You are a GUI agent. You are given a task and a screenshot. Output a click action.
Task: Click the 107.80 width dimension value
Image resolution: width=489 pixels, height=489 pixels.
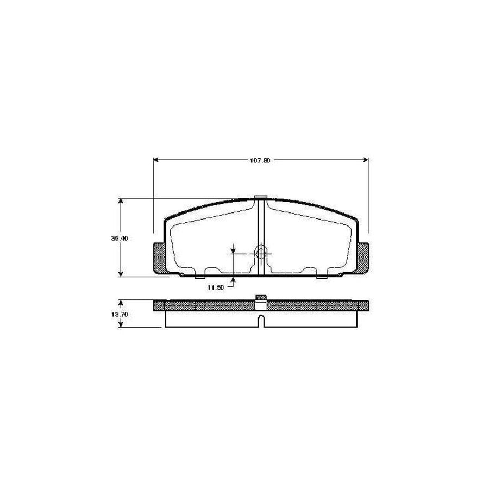pos(260,160)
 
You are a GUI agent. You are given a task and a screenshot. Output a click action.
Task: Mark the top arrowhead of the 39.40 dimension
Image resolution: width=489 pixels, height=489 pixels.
pos(121,201)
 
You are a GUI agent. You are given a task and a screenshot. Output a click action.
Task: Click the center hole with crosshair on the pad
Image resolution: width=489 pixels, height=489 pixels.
pos(261,252)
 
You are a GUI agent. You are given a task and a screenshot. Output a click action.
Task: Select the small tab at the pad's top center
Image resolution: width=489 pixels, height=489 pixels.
pos(261,197)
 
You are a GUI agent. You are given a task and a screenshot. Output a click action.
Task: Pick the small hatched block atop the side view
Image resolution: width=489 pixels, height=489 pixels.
pos(261,297)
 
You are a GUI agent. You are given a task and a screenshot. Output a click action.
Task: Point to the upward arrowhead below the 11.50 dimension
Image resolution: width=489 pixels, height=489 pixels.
pos(233,280)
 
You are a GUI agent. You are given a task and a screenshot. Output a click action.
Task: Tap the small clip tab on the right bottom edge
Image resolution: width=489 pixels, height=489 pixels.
pos(323,277)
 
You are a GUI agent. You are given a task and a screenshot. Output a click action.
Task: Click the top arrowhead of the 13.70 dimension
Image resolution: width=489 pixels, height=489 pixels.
pos(121,302)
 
